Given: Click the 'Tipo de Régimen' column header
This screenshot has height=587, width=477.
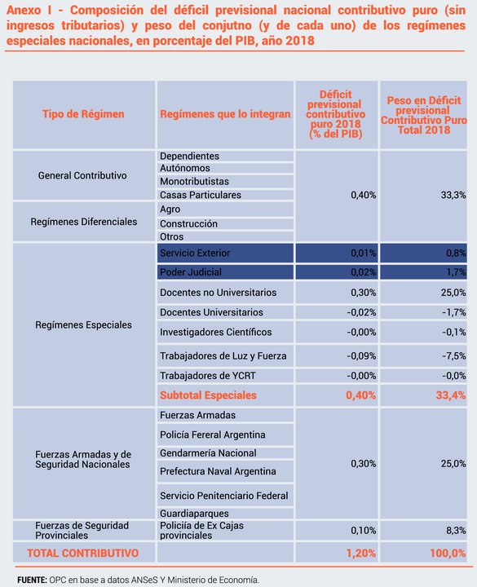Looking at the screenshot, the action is (x=83, y=114).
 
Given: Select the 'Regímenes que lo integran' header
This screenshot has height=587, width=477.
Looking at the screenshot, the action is (x=225, y=114).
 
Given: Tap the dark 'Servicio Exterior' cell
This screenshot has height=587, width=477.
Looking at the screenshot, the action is (x=225, y=253).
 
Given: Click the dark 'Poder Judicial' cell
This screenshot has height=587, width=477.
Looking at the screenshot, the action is (x=225, y=272).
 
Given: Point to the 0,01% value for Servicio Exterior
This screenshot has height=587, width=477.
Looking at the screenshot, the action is (x=363, y=253).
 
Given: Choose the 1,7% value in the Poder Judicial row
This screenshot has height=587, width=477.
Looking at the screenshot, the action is (x=456, y=272).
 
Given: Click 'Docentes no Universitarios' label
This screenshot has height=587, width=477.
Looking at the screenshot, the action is (x=218, y=293).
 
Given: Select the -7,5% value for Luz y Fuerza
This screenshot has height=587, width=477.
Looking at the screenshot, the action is (x=454, y=355).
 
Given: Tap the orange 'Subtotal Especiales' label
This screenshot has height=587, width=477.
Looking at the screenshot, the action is (x=208, y=395).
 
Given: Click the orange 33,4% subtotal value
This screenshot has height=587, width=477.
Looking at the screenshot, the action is (x=451, y=395).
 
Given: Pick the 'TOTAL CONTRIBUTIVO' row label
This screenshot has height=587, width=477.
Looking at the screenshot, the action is (x=82, y=553).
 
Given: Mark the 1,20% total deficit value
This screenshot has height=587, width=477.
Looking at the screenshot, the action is (x=361, y=553).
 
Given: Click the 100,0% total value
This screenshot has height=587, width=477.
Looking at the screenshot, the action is (x=448, y=553).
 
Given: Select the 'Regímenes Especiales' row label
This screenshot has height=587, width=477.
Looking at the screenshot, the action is (x=83, y=325).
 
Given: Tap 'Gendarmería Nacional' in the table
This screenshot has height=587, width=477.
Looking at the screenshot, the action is (x=208, y=453).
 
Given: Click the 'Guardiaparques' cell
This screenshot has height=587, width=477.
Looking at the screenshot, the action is (x=194, y=514).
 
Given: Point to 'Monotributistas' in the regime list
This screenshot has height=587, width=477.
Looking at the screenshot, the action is (x=194, y=181).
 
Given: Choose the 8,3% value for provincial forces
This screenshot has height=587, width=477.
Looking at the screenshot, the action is (x=456, y=531).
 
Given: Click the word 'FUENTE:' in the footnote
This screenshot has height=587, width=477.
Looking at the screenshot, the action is (x=32, y=580).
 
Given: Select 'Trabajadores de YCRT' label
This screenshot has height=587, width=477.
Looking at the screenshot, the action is (x=208, y=376).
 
